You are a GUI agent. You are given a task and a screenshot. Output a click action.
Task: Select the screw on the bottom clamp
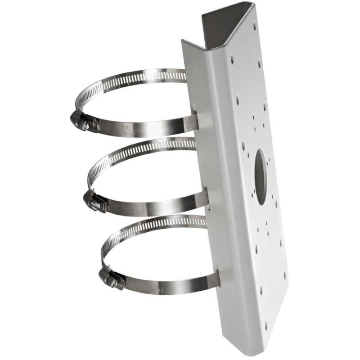109,279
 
